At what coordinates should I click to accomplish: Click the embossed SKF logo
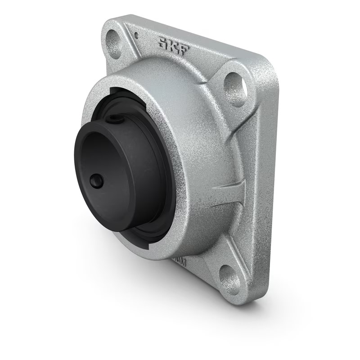(173, 45)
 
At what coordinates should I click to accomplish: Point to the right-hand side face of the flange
(265, 180)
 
